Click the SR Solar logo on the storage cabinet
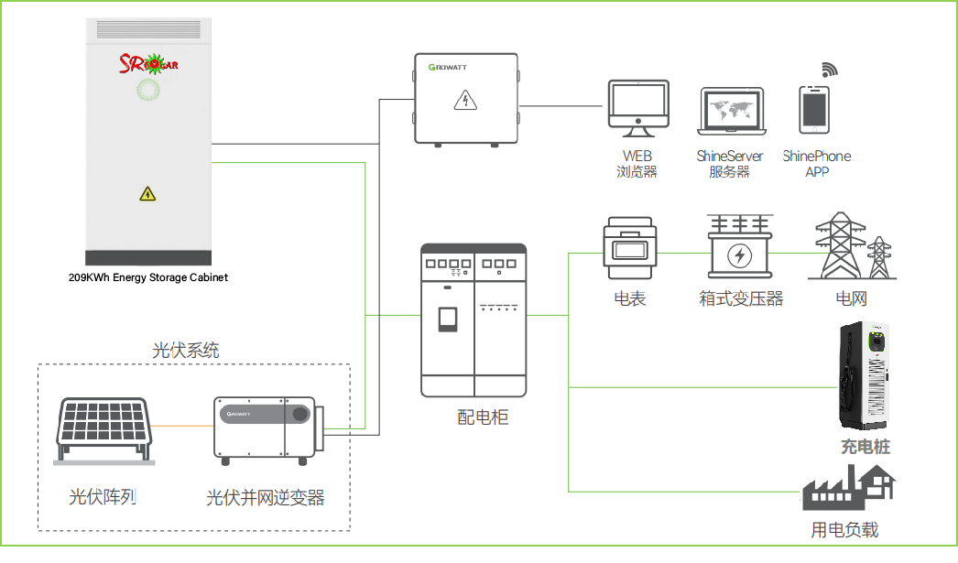pos(148,63)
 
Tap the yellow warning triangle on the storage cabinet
pos(147,194)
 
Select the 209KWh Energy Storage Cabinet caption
pos(147,277)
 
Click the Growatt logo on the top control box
pos(447,67)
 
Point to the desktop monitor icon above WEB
pos(638,108)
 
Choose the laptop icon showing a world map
pos(732,111)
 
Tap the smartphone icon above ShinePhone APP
pos(814,110)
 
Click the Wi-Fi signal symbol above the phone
pos(829,70)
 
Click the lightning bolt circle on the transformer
pos(739,255)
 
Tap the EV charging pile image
pos(864,375)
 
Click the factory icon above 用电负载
pos(849,487)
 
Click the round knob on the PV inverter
pos(300,414)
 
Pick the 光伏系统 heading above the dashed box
pos(186,351)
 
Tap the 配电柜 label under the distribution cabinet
pos(483,417)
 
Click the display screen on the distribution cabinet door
pos(448,319)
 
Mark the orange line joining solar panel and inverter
pos(182,426)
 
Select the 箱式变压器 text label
pos(741,298)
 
